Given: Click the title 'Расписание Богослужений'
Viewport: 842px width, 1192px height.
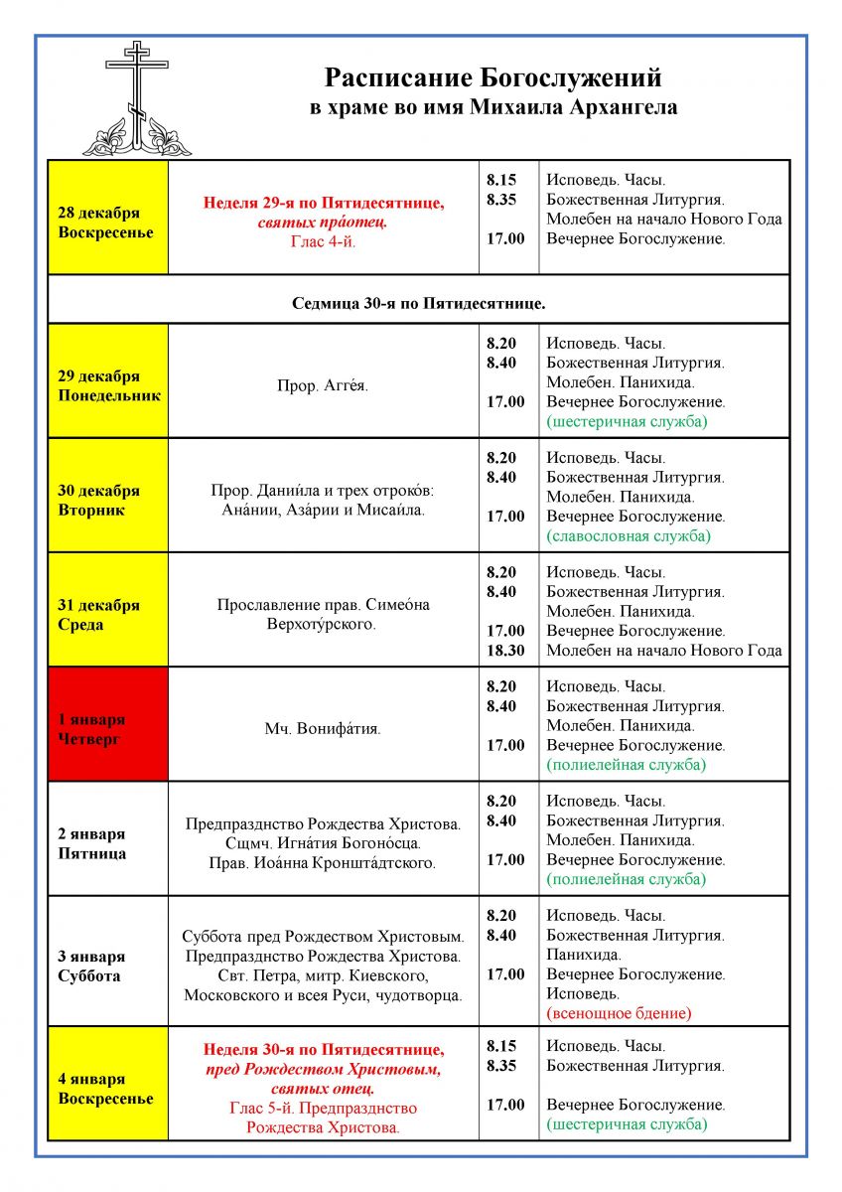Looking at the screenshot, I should (493, 78).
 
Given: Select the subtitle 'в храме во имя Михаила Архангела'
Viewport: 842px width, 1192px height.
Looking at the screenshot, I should (493, 107).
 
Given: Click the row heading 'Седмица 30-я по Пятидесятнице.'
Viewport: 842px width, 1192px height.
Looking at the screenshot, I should (418, 302).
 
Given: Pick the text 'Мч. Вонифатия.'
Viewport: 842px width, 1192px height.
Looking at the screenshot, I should (323, 729).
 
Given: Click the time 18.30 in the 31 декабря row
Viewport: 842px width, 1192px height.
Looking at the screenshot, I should (506, 651).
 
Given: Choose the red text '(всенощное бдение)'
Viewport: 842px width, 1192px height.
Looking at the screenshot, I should (619, 1013).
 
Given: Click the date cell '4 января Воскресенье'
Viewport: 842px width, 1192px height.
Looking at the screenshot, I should (107, 1089).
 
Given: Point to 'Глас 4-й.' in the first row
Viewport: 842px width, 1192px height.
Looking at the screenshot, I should (324, 241).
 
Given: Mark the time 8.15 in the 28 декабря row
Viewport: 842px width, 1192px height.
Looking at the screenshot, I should (501, 180).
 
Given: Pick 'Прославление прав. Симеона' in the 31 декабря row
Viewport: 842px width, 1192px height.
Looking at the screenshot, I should (324, 604).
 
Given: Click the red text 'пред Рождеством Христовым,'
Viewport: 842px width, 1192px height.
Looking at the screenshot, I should (324, 1069).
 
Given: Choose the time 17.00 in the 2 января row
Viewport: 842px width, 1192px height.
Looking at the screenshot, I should (505, 860).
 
